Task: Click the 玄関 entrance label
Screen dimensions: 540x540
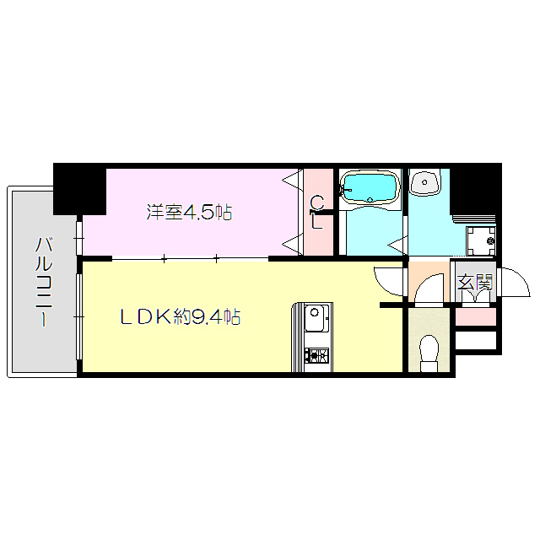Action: pyautogui.click(x=475, y=283)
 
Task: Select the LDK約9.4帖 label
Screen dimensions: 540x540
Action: pyautogui.click(x=180, y=317)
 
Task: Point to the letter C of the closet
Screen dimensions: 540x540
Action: pyautogui.click(x=316, y=202)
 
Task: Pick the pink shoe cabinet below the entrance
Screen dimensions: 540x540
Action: pyautogui.click(x=476, y=316)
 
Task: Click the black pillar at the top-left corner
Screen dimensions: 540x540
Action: pyautogui.click(x=78, y=186)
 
